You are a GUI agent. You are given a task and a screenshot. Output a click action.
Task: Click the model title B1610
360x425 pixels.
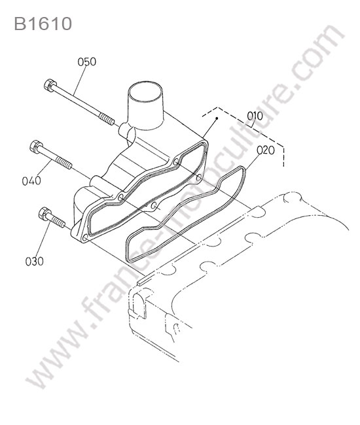43,24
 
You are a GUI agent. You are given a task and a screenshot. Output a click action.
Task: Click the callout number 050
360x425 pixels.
87,62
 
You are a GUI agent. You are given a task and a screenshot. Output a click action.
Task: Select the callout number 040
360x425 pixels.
31,180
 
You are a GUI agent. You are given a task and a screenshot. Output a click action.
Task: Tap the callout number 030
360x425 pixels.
34,262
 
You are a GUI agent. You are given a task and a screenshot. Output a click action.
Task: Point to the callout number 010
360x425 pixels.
255,116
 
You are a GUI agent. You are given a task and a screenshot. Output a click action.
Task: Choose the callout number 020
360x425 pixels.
266,150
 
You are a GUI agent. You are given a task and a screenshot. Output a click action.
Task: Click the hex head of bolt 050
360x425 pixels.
50,85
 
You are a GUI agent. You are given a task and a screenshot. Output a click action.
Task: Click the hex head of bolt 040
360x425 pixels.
36,146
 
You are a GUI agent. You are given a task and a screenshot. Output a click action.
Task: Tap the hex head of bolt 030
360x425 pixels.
45,214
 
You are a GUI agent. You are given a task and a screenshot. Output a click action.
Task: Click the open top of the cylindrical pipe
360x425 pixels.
146,92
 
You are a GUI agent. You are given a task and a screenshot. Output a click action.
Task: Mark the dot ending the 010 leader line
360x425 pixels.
217,118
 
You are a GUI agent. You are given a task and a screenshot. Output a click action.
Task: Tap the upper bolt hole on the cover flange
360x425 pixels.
176,161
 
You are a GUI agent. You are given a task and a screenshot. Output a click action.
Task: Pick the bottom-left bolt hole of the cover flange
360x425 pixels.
84,238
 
